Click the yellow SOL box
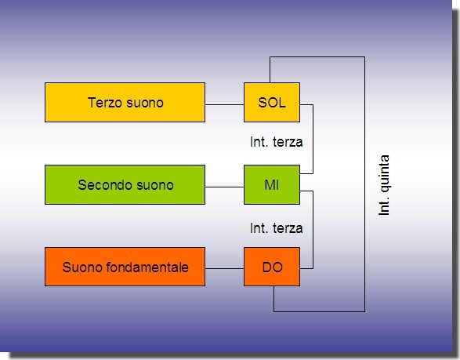point(272,102)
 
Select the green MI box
point(272,184)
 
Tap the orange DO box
point(272,267)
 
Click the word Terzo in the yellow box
point(105,103)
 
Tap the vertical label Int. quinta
point(384,185)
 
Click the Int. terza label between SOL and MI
point(277,142)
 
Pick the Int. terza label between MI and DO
point(277,228)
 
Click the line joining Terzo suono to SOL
point(224,104)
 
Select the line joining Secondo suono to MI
point(224,187)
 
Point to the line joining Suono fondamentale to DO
point(224,268)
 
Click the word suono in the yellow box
point(145,103)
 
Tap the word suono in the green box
point(155,185)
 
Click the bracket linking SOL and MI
point(313,139)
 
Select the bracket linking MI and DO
point(313,230)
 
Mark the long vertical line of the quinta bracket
point(364,184)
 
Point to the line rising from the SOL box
point(270,70)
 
